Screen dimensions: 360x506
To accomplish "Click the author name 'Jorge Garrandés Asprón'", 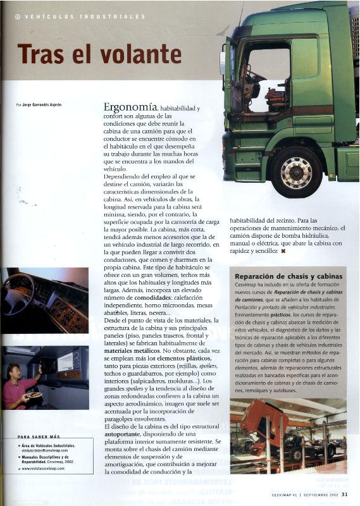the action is (42, 104).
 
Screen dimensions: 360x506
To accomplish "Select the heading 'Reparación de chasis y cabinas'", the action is (289, 276).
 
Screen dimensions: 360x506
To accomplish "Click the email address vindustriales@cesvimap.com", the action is (44, 450).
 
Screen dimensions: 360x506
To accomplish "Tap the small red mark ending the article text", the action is (283, 251).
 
